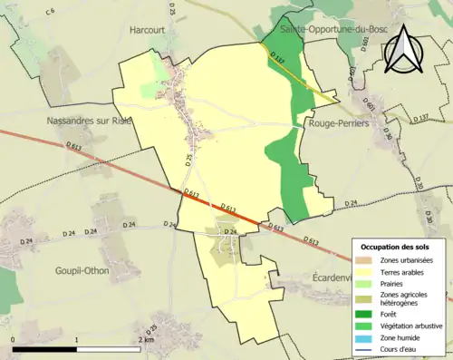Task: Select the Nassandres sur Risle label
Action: coord(86,120)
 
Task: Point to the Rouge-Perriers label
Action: coord(337,123)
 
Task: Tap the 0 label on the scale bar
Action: coord(14,339)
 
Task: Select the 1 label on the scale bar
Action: coord(77,339)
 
